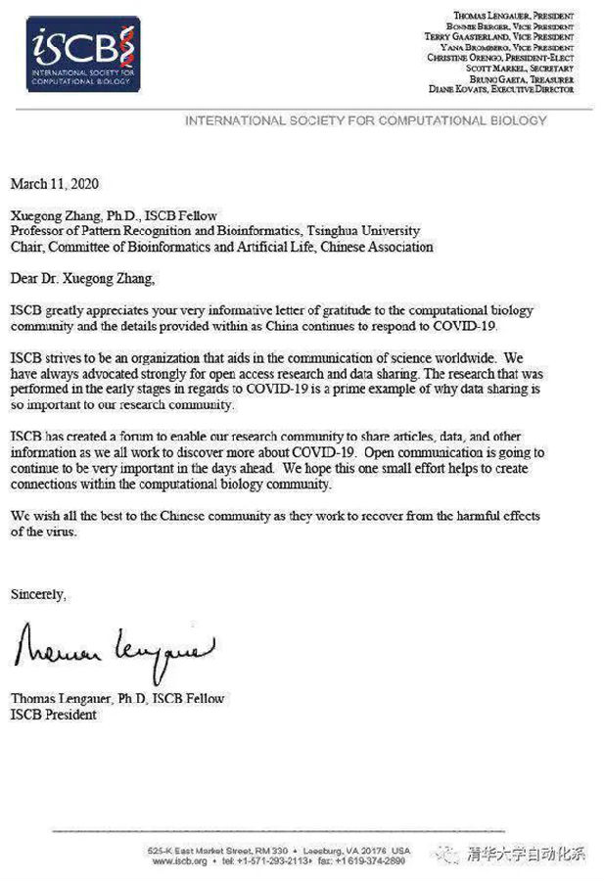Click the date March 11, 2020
tap(55, 183)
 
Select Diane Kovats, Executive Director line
tap(501, 89)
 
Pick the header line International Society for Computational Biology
tap(364, 120)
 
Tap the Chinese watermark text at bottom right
tap(527, 852)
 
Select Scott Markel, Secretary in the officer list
tap(529, 68)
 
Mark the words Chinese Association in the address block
tap(373, 247)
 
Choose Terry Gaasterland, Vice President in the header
tap(498, 36)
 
